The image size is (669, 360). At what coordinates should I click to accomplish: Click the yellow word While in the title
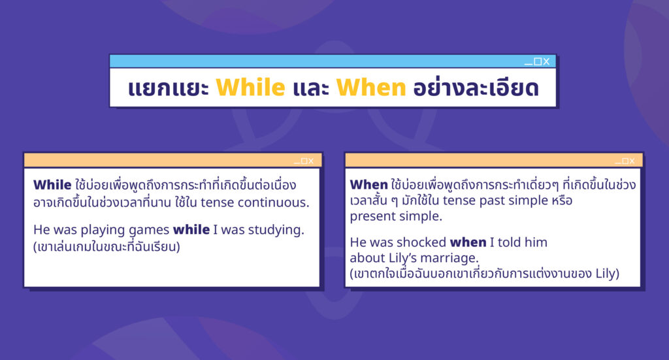point(250,88)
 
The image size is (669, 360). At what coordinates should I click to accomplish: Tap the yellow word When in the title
point(371,88)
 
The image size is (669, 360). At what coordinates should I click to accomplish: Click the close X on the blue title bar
point(546,61)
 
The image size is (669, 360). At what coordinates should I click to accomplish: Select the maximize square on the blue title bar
point(538,61)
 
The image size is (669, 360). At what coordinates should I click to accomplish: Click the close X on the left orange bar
point(310,161)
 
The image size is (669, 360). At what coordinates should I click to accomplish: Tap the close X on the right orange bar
point(632,161)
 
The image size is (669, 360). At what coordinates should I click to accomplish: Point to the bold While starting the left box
point(52,185)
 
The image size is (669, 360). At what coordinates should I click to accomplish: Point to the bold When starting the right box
point(368,185)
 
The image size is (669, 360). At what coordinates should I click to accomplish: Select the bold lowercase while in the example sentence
point(191,229)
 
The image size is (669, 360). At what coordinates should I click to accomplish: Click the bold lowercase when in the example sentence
point(468,242)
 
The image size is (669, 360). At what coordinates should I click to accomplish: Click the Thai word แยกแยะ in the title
point(168,88)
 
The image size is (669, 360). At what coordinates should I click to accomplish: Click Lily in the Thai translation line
point(605,274)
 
